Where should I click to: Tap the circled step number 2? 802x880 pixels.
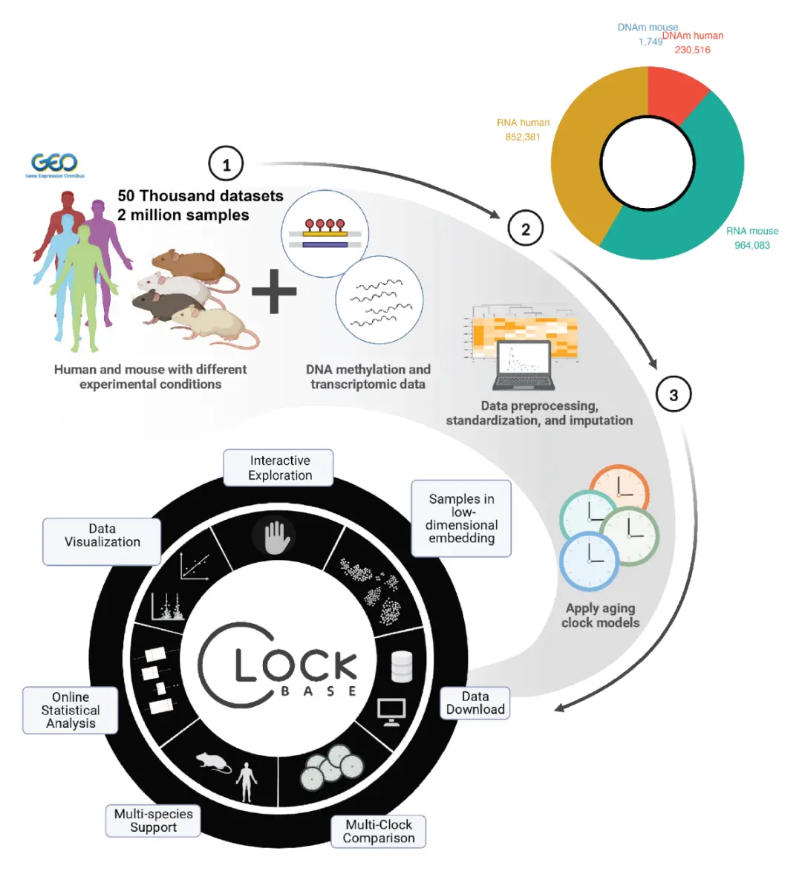coord(525,229)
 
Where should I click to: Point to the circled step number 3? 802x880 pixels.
coord(674,394)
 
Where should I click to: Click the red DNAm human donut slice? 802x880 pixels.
coord(674,92)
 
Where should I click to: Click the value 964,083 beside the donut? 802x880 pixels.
coord(752,245)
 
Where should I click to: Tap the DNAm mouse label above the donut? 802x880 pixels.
coord(648,27)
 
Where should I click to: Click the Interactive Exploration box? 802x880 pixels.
coord(279,468)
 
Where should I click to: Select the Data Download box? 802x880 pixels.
coord(475,703)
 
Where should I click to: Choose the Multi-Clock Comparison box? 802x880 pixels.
coord(379,831)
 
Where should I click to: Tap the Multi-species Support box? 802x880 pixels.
coord(153,821)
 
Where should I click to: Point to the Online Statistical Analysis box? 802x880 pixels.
coord(71,710)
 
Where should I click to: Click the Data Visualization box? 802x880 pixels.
coord(102,535)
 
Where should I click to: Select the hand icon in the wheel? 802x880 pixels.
coord(276,536)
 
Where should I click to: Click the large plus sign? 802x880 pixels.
coord(274,290)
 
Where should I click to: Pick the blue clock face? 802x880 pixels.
coord(589,561)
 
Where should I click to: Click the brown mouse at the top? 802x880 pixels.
coord(189,266)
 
